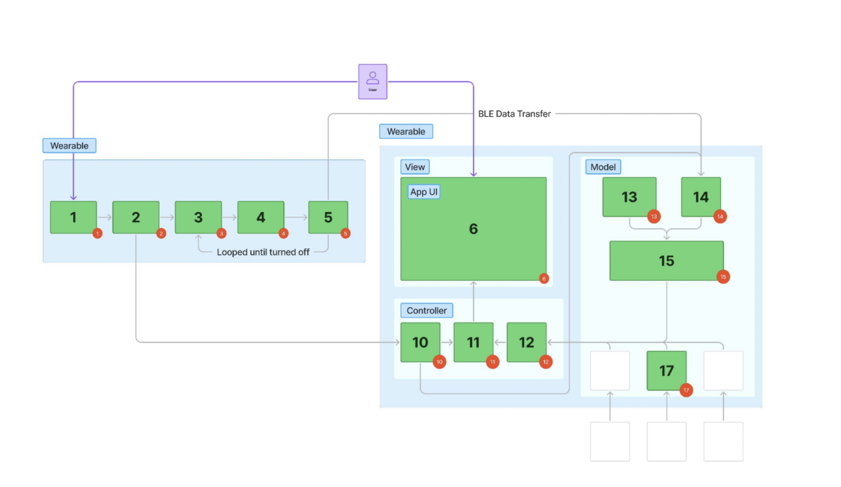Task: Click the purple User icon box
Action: click(373, 81)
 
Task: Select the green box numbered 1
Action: click(73, 217)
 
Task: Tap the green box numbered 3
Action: click(198, 217)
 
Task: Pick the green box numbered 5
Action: click(328, 217)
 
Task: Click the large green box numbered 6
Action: click(473, 229)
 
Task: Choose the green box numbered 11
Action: click(473, 342)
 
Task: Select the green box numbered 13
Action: click(629, 197)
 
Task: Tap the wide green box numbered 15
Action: click(666, 261)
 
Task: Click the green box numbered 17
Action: click(666, 371)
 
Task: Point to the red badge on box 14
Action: click(720, 217)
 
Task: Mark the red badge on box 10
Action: click(439, 362)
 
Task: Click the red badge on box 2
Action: click(161, 234)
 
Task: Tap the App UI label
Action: click(424, 192)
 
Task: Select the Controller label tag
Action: click(426, 310)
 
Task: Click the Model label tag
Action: click(603, 167)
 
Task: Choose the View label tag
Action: click(415, 167)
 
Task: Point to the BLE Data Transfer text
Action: click(514, 114)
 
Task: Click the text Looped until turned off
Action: click(263, 252)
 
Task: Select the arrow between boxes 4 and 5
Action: click(296, 217)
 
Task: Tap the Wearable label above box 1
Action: click(69, 145)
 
